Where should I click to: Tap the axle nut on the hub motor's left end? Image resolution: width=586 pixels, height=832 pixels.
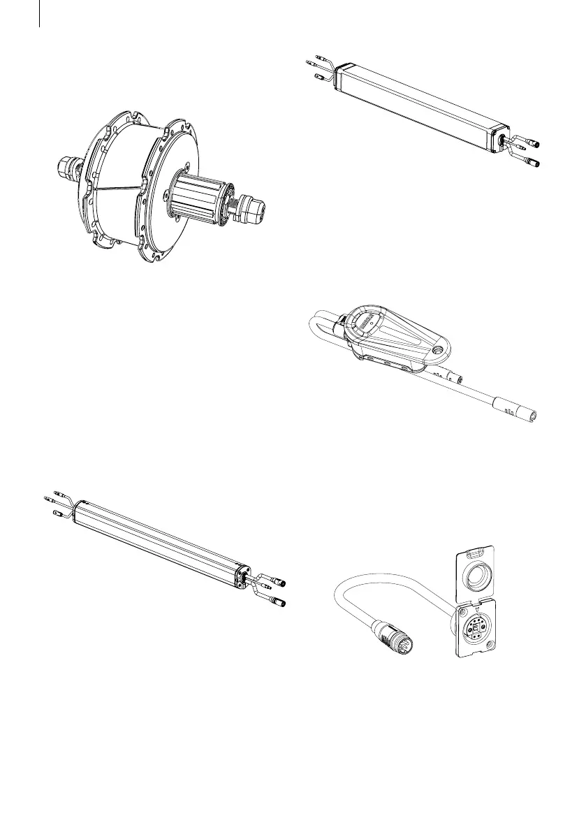pos(68,168)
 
